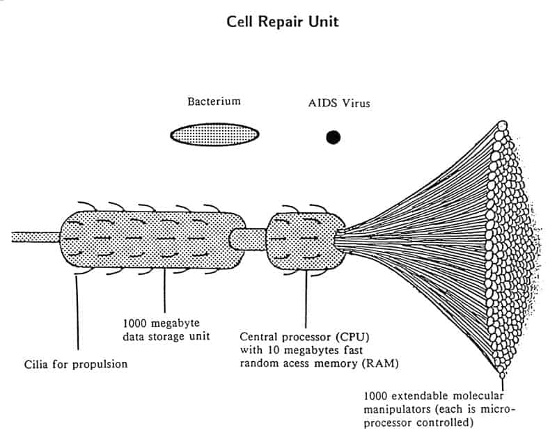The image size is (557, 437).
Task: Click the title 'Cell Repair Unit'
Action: [x=283, y=22]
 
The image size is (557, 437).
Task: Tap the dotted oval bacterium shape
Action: [x=214, y=134]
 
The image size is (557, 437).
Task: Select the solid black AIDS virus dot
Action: [x=334, y=137]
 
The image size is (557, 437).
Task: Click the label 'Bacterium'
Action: [x=214, y=102]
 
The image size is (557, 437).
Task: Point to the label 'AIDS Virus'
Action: [x=339, y=103]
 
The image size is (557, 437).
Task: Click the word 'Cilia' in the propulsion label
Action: [x=36, y=364]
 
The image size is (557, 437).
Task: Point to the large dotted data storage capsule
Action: [x=152, y=239]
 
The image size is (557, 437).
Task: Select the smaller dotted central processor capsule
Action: [x=306, y=241]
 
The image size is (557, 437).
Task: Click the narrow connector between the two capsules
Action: [x=248, y=239]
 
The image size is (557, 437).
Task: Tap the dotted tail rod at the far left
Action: [x=36, y=237]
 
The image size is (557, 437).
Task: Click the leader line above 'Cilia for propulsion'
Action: [x=77, y=312]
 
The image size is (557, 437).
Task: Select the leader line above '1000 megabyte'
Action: [x=164, y=290]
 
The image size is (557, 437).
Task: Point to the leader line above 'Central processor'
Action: [x=306, y=299]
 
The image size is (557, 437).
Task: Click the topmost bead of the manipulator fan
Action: [x=502, y=125]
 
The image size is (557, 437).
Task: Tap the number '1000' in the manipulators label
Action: [x=375, y=396]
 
